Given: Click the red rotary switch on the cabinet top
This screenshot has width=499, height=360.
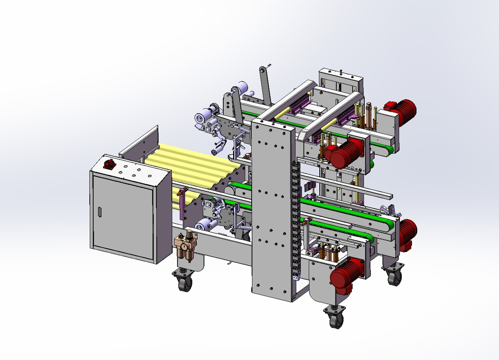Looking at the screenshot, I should coord(109,164).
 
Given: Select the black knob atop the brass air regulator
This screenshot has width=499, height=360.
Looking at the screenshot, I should coord(189,233).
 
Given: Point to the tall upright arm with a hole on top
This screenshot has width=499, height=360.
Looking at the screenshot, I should coord(265,85).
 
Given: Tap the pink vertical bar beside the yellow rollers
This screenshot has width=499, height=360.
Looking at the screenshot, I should coord(182,203).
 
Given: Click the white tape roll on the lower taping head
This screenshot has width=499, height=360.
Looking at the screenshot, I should coord(204,226).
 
